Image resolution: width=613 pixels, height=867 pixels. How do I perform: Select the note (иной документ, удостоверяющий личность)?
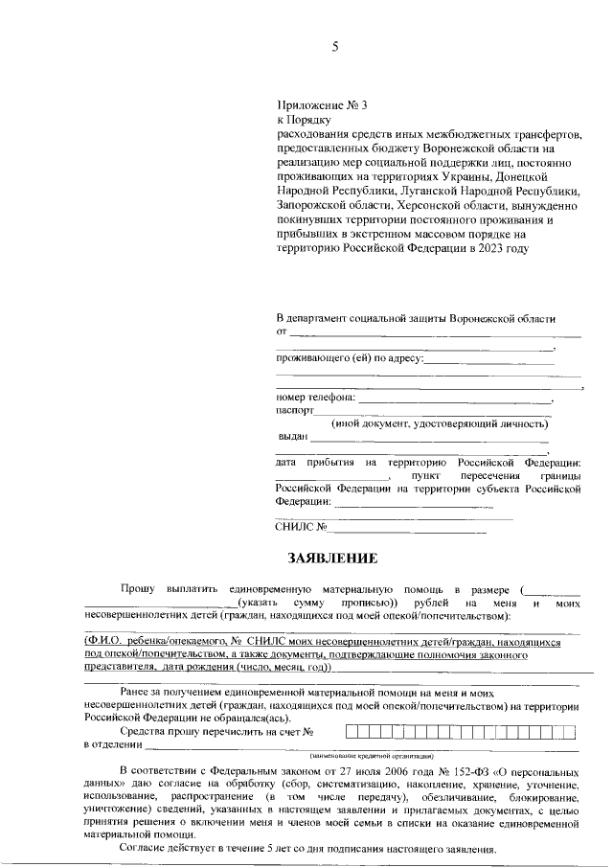pos(440,422)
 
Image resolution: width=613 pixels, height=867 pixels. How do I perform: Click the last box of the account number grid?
pos(570,733)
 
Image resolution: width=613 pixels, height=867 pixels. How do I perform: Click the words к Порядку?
pos(303,121)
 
